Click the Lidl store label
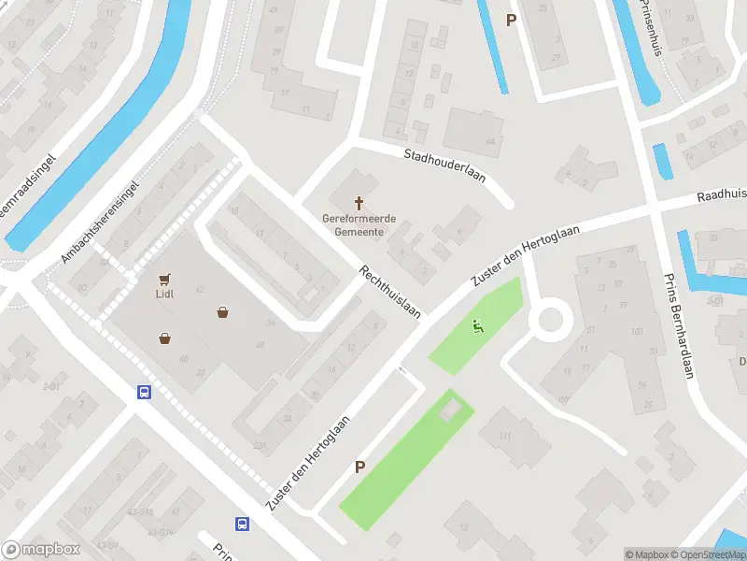(165, 292)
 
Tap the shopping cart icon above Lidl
(165, 279)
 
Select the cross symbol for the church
(359, 203)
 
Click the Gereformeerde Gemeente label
(359, 224)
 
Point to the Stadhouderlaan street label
(444, 165)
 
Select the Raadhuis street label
(723, 195)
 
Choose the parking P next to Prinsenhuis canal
(511, 19)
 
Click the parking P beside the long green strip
(359, 467)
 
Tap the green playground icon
(478, 326)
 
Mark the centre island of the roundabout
(550, 320)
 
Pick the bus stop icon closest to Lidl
(145, 393)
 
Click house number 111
(506, 437)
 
